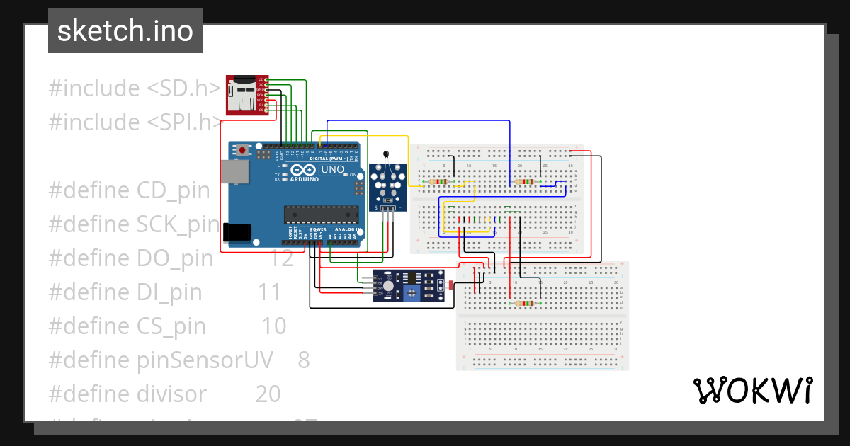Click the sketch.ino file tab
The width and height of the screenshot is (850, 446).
[x=125, y=31]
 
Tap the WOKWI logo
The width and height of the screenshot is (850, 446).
[x=752, y=391]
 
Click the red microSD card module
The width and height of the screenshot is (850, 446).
[x=242, y=95]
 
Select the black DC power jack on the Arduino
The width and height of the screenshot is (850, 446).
[x=236, y=233]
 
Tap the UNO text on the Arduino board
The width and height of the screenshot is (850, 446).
[x=332, y=170]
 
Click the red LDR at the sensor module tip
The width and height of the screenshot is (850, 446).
[x=451, y=285]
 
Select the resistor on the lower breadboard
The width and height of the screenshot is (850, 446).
[x=525, y=303]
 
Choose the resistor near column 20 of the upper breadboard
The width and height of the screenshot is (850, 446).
[x=525, y=182]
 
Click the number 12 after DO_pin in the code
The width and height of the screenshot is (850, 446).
[x=281, y=258]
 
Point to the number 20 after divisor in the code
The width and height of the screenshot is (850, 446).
[x=268, y=394]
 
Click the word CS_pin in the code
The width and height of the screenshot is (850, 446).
[x=171, y=326]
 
